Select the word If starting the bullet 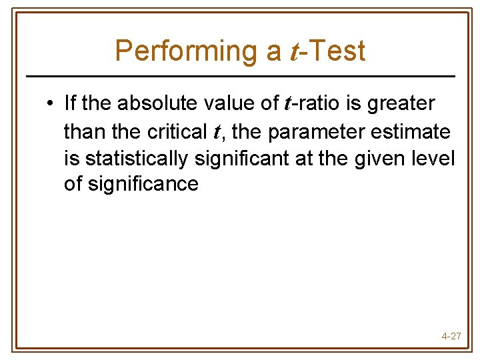[x=70, y=103]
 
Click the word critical [x=177, y=131]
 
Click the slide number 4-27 [x=451, y=336]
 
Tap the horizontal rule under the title [x=240, y=76]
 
